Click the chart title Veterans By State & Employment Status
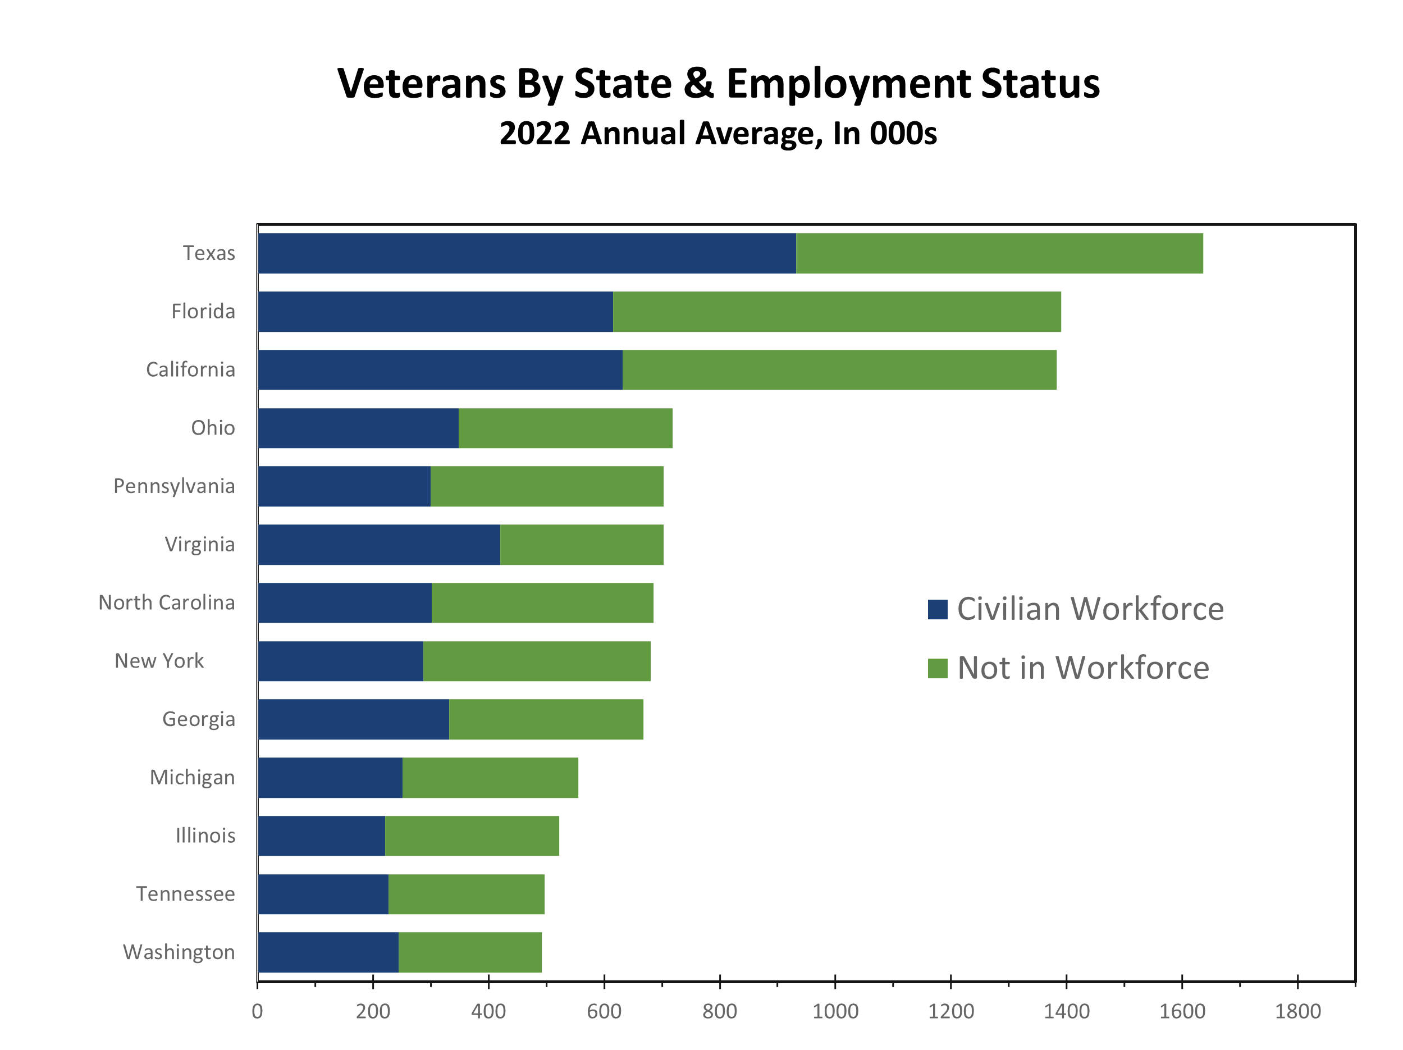coord(718,83)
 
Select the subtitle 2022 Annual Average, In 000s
coord(718,133)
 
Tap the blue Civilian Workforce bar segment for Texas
coord(527,253)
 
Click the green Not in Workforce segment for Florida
coord(837,312)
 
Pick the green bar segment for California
coord(839,370)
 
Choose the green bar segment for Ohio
coord(565,428)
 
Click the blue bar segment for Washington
coord(328,952)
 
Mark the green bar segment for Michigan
coord(490,777)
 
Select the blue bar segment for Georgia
coord(353,719)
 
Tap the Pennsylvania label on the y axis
coord(174,486)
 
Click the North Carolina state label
coord(166,602)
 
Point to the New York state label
coord(159,660)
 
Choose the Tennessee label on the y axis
coord(185,894)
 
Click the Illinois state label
coord(205,836)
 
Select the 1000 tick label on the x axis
coord(835,1011)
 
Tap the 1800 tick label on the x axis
coord(1297,1011)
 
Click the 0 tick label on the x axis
coord(257,1011)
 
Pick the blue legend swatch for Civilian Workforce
coord(938,609)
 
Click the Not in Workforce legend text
coord(1084,668)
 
